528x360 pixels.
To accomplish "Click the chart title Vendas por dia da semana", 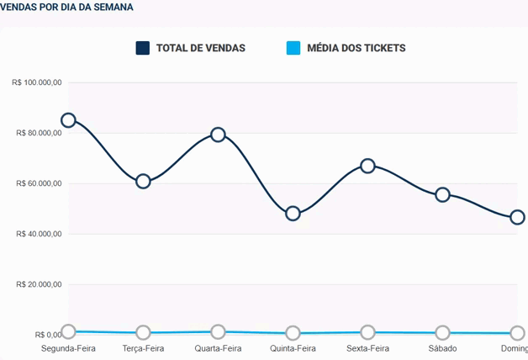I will click(x=66, y=7).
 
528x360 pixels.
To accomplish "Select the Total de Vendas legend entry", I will click(x=200, y=48).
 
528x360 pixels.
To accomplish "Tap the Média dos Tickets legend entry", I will click(x=356, y=48).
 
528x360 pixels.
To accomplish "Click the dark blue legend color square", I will click(x=143, y=48).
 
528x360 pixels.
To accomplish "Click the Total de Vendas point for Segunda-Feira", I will click(x=69, y=120).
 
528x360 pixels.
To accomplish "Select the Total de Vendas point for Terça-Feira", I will click(x=143, y=181).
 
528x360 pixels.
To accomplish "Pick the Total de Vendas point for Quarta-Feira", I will click(x=219, y=135).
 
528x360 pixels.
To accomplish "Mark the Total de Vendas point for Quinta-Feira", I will click(x=293, y=214).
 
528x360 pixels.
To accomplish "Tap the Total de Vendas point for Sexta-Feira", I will click(x=367, y=166).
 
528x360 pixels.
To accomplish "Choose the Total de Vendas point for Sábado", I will click(x=442, y=194).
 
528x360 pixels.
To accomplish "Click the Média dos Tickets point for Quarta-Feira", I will click(x=219, y=332).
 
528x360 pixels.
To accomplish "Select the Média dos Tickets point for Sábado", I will click(x=442, y=333).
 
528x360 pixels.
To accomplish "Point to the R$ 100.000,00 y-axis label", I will click(x=38, y=82).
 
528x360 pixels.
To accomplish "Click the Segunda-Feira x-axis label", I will click(x=69, y=348).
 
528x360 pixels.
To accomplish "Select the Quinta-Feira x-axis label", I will click(x=293, y=348).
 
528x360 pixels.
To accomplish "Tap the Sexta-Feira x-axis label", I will click(x=367, y=348).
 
